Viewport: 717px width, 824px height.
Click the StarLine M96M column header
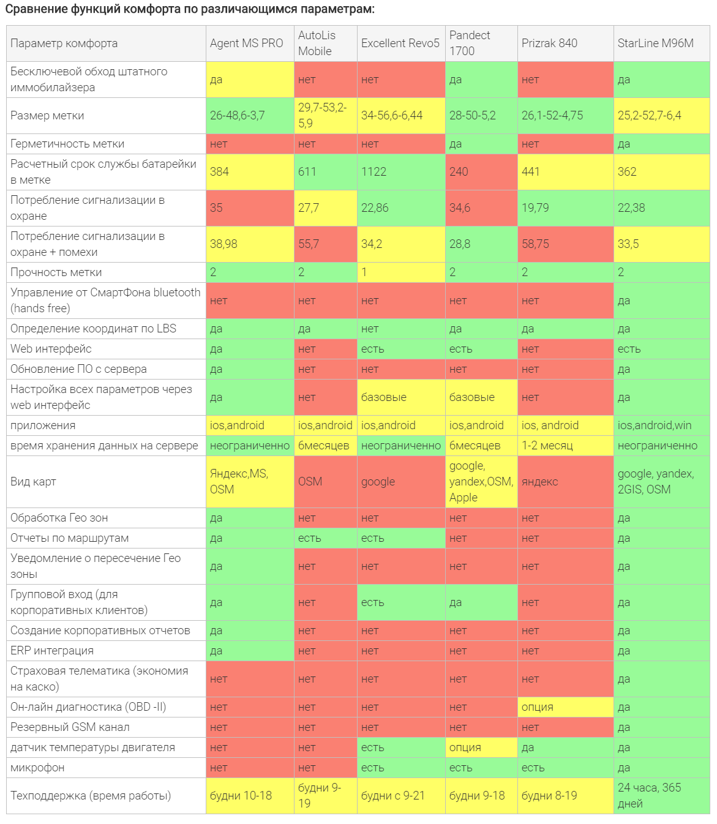click(x=655, y=43)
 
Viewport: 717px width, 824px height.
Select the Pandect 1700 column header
click(x=470, y=43)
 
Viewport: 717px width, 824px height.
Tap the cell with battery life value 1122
click(x=374, y=172)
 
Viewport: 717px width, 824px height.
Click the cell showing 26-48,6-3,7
click(x=238, y=116)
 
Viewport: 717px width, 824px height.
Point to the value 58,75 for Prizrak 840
click(x=535, y=244)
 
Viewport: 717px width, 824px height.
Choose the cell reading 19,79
click(x=535, y=208)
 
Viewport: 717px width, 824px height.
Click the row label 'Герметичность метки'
click(x=67, y=144)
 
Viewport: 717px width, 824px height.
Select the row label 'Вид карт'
click(x=34, y=482)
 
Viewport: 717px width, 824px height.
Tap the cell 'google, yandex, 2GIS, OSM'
click(x=655, y=482)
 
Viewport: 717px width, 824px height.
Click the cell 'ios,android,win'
click(x=655, y=425)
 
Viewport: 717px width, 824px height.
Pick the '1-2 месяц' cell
click(x=547, y=446)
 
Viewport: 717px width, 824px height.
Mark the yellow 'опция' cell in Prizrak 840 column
click(x=538, y=707)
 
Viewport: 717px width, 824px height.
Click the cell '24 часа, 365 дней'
click(x=649, y=796)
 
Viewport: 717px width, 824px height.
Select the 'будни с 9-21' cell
click(x=393, y=796)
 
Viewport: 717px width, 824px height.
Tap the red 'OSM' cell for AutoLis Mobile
click(x=310, y=482)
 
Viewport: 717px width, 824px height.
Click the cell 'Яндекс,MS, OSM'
click(x=239, y=482)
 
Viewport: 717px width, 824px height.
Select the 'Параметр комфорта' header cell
click(x=64, y=43)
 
